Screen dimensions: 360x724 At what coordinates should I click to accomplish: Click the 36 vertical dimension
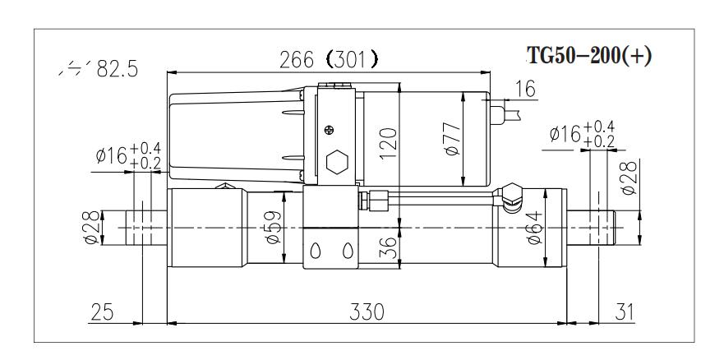pyautogui.click(x=390, y=247)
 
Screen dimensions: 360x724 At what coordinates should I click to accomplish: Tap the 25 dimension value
pyautogui.click(x=102, y=312)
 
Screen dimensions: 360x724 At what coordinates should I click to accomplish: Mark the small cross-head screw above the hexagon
pyautogui.click(x=330, y=129)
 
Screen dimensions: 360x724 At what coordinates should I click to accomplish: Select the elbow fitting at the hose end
pyautogui.click(x=510, y=194)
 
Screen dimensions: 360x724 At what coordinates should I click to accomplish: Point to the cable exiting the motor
pyautogui.click(x=513, y=108)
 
